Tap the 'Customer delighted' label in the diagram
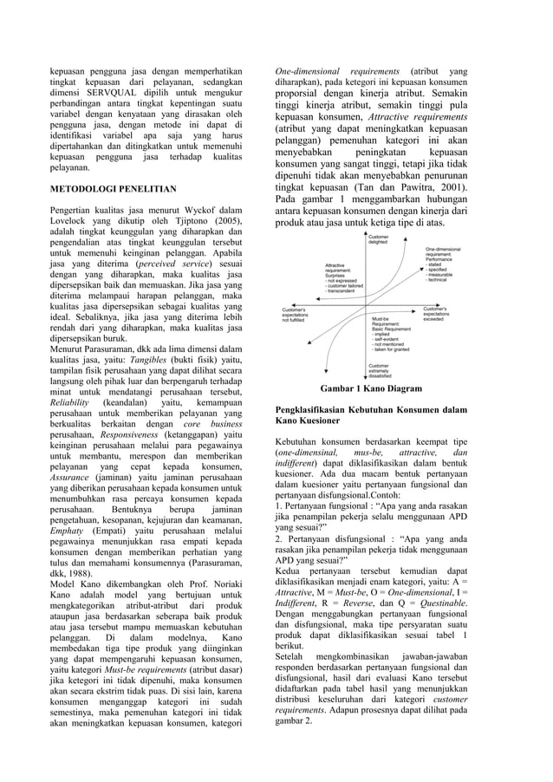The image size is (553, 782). click(x=379, y=239)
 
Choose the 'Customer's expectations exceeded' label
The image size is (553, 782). click(x=446, y=314)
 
